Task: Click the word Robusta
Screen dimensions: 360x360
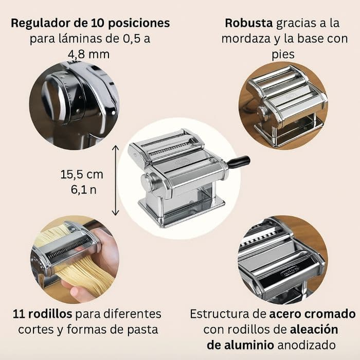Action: pyautogui.click(x=248, y=23)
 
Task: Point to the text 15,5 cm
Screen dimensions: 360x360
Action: pyautogui.click(x=82, y=174)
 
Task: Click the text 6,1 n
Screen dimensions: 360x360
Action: pyautogui.click(x=83, y=190)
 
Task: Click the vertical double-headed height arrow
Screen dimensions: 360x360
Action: pyautogui.click(x=115, y=181)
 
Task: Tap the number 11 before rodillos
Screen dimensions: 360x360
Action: pyautogui.click(x=19, y=314)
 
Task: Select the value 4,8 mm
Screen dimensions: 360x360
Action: pyautogui.click(x=88, y=55)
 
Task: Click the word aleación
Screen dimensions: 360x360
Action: pyautogui.click(x=314, y=330)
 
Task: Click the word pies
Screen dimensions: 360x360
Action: pyautogui.click(x=283, y=55)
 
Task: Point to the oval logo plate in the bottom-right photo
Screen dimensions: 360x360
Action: pyautogui.click(x=289, y=268)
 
